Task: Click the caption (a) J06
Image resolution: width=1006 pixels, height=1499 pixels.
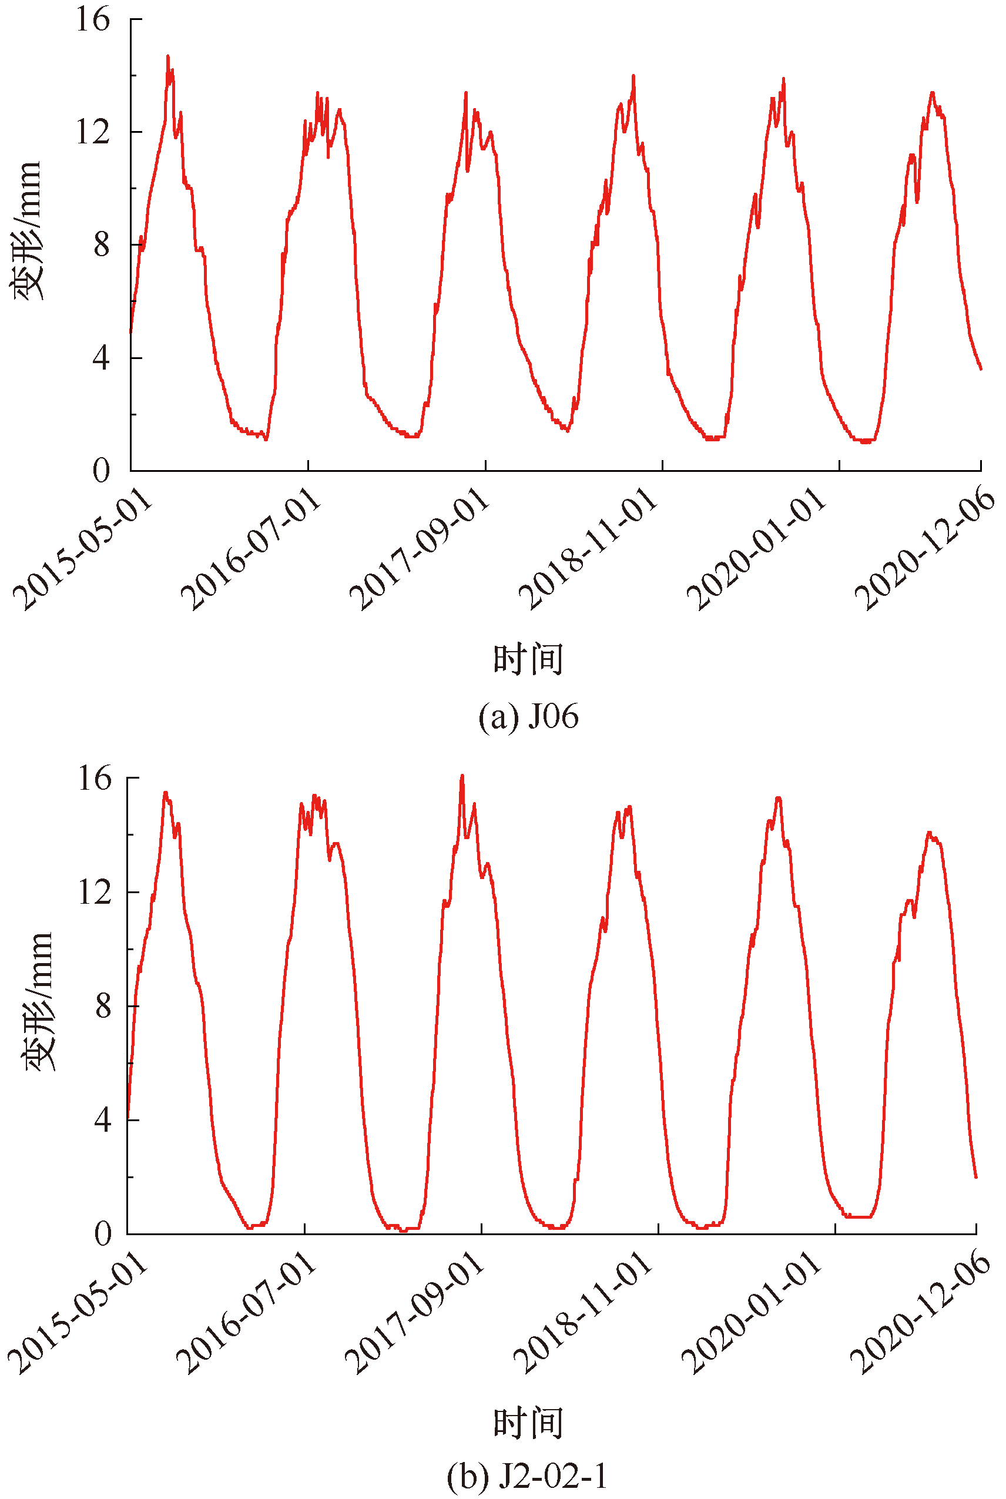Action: (528, 716)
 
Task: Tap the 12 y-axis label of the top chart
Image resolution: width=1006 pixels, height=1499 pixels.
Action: (93, 132)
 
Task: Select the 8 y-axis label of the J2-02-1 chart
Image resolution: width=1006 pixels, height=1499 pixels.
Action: (103, 1007)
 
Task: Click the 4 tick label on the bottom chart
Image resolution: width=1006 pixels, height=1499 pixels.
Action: (103, 1120)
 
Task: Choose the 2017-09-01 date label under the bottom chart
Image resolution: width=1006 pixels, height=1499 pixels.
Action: (415, 1312)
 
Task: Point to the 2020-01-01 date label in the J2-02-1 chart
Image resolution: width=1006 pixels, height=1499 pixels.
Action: (752, 1312)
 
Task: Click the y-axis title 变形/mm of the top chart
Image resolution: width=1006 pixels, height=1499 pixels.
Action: (27, 231)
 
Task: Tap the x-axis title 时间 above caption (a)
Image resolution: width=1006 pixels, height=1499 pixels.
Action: (528, 659)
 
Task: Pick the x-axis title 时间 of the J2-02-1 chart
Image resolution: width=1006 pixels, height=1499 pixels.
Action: (528, 1423)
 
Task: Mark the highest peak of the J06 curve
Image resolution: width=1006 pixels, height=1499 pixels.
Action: (168, 56)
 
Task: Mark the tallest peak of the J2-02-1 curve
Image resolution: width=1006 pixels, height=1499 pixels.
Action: (462, 776)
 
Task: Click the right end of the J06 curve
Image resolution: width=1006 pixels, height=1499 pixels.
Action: (980, 369)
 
